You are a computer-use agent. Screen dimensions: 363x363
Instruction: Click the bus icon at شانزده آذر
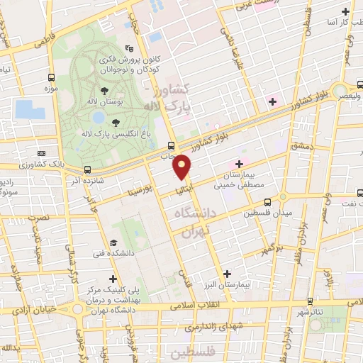tap(87, 169)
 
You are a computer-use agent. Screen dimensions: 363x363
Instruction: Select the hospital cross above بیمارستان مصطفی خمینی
tap(240, 164)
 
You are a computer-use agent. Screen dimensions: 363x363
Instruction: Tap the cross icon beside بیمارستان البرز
tap(227, 274)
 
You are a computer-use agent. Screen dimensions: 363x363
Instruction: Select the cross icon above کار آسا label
tap(345, 12)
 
